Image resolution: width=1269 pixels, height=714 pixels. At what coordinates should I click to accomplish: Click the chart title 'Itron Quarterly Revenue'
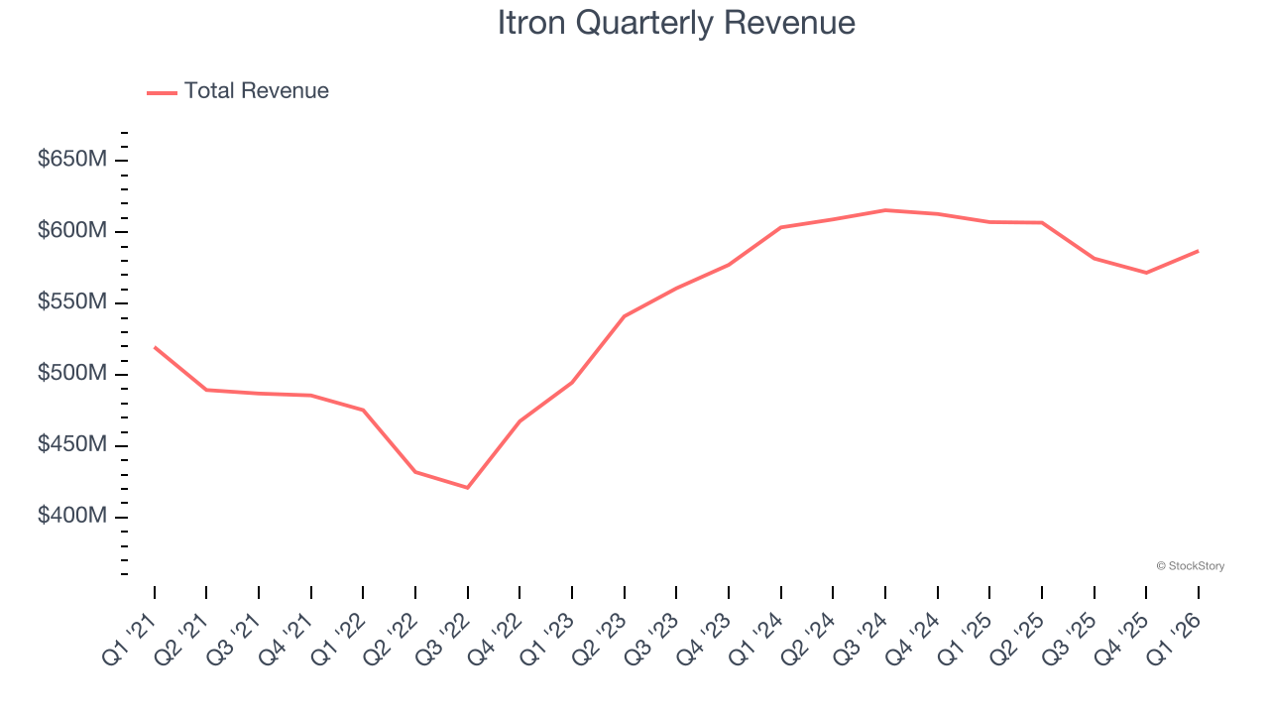[676, 23]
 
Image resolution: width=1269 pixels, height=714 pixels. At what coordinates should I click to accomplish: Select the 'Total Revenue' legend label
[256, 91]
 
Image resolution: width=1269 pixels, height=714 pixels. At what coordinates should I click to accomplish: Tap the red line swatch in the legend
[162, 92]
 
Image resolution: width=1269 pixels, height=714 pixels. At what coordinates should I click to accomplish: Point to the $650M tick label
[70, 160]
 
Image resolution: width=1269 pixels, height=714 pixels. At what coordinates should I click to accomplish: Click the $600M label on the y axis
[70, 231]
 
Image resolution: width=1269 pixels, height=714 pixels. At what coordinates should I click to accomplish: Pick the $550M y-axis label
[70, 302]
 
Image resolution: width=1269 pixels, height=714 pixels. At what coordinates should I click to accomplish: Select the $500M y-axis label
[70, 374]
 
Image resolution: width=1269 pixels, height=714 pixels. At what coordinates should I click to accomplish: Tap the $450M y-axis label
[70, 445]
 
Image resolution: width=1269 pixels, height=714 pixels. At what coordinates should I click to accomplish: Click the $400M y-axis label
[70, 517]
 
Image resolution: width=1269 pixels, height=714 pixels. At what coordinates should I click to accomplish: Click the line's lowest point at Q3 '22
[467, 488]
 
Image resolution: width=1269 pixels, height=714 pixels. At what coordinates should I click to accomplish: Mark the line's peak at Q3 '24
[885, 210]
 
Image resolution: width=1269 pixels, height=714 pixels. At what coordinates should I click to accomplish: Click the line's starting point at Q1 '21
[155, 347]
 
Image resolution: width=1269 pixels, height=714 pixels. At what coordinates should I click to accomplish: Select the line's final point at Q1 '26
[1198, 251]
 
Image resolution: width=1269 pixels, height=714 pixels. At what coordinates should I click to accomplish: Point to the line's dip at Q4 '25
[1146, 273]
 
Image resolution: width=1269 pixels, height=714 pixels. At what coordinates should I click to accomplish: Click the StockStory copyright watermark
[1190, 566]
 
